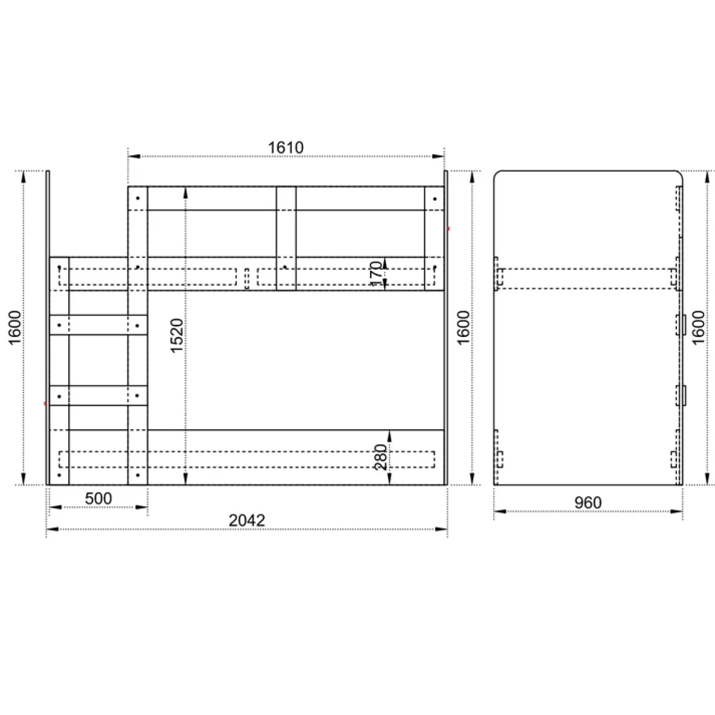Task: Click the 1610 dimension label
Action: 286,147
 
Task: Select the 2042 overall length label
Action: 247,520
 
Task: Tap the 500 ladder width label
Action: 98,498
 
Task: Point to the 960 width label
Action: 588,503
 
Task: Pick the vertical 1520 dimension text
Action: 177,335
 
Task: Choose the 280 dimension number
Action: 381,457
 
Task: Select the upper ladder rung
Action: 98,325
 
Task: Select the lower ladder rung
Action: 98,395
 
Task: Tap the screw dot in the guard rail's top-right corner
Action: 435,198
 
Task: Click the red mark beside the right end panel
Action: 449,228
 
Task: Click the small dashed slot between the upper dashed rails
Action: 247,278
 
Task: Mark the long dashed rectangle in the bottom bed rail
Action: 247,459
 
